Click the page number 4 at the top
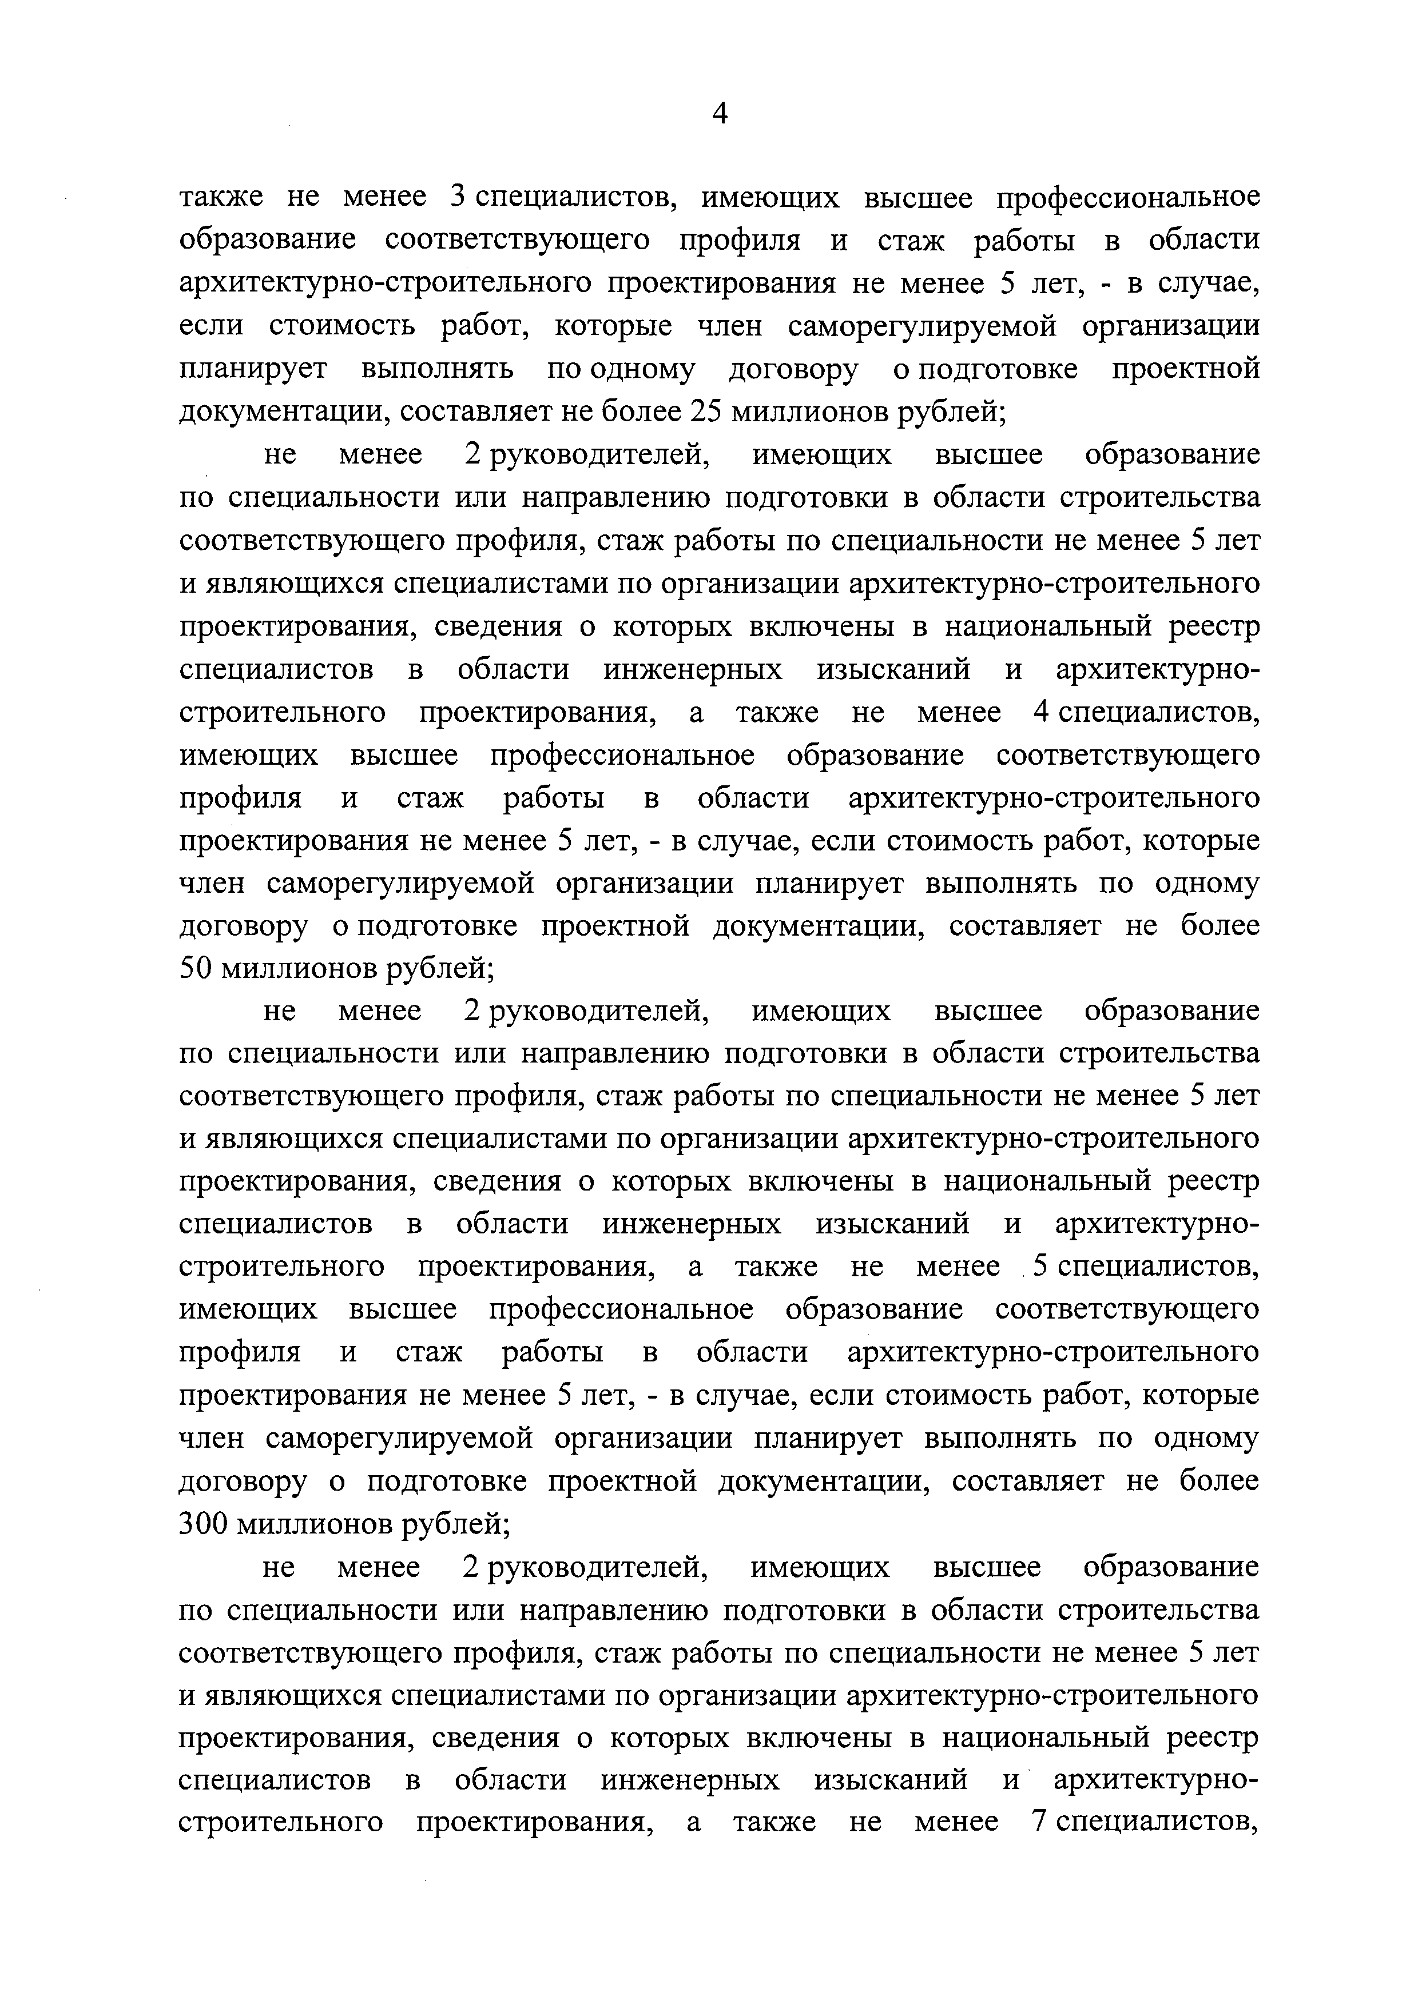point(719,114)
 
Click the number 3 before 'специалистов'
point(455,197)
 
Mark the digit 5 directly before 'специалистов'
point(1040,1267)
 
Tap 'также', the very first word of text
point(220,197)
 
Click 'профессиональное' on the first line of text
point(1129,197)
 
